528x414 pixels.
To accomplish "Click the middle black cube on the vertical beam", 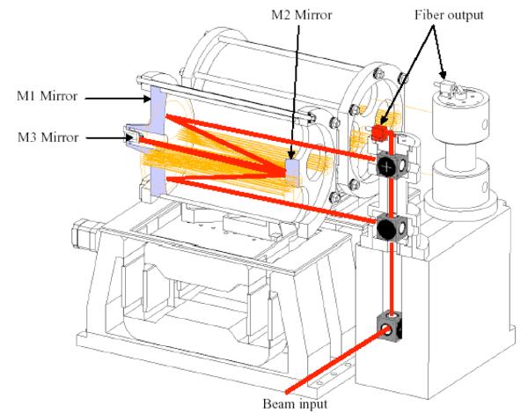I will click(387, 231).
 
